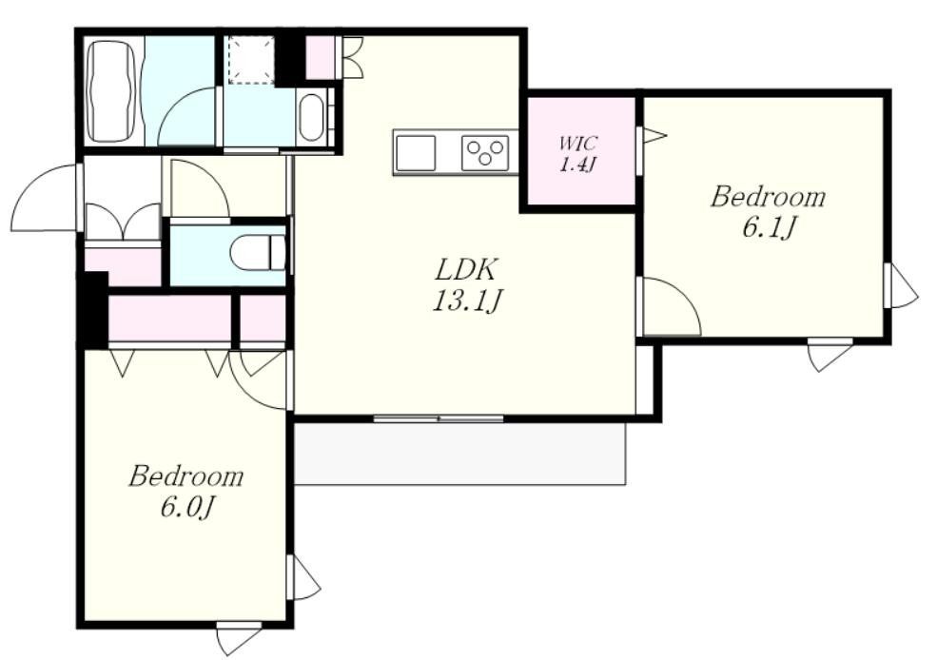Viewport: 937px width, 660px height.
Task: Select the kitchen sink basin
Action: (x=416, y=153)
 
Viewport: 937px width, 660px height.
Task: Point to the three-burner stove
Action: (x=485, y=153)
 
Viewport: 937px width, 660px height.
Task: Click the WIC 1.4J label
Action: (x=577, y=154)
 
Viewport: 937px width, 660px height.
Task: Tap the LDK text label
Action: (x=465, y=270)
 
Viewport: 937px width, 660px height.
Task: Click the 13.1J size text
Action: (x=466, y=301)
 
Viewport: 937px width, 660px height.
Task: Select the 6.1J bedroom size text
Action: (x=769, y=227)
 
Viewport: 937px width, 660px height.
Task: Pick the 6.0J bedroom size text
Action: (x=187, y=508)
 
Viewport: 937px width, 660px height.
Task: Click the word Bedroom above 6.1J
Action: (x=768, y=197)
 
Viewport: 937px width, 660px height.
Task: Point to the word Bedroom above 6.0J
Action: (x=186, y=476)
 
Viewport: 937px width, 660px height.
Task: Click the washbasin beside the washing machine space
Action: (x=311, y=116)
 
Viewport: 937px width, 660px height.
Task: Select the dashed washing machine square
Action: (x=251, y=59)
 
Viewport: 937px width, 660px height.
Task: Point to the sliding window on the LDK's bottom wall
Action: (x=439, y=418)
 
